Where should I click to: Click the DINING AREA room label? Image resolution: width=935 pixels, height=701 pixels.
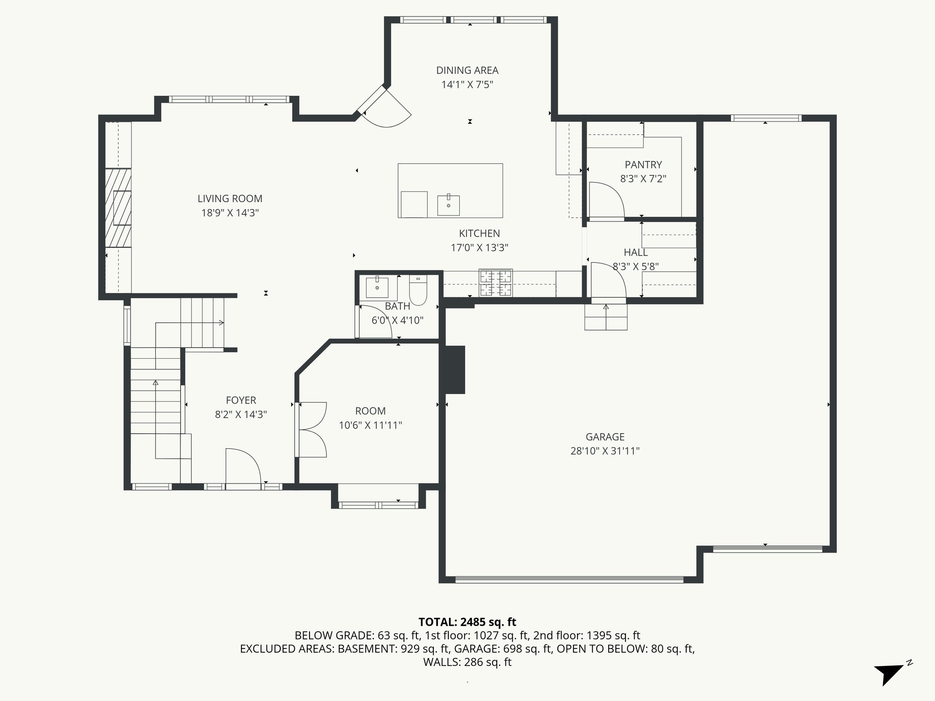tap(467, 70)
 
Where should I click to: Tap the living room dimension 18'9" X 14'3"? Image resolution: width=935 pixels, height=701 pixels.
tap(230, 213)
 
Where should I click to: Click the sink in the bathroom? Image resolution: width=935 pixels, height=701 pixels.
tap(377, 287)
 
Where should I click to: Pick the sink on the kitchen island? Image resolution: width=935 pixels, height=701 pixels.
tap(448, 205)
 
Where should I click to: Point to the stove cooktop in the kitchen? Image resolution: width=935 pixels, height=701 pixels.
tap(495, 282)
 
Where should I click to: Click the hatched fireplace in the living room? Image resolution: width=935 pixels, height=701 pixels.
tap(118, 208)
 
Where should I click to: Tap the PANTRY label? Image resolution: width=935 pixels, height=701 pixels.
tap(643, 164)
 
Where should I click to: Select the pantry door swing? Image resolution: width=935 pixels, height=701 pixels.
tap(606, 200)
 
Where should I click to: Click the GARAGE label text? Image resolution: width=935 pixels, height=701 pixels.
tap(605, 437)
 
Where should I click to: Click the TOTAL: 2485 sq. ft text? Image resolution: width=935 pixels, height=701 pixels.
tap(467, 622)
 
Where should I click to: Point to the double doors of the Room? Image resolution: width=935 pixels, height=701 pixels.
tap(312, 429)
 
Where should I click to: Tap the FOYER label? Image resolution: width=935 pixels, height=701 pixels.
tap(241, 400)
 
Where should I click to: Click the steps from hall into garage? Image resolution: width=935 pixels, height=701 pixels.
tap(606, 317)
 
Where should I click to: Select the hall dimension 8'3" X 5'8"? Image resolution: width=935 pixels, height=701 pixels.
tap(636, 267)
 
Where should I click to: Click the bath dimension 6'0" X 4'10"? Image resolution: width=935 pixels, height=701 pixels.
tap(397, 320)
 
